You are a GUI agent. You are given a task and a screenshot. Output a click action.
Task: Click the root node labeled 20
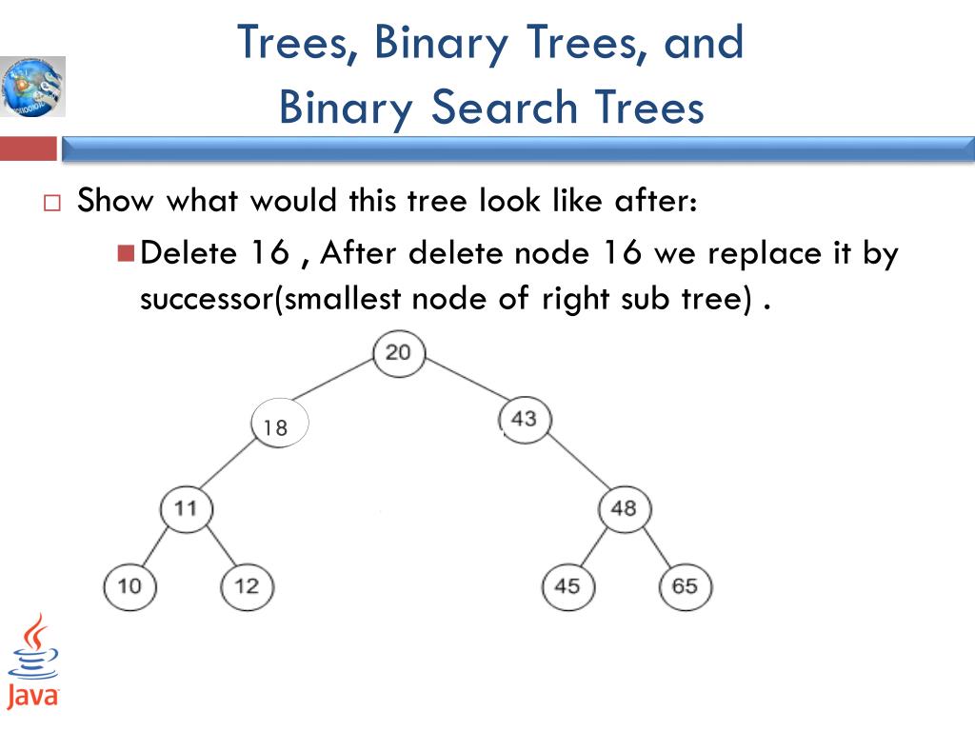[x=398, y=353]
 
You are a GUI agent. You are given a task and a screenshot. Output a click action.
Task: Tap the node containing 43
[x=524, y=418]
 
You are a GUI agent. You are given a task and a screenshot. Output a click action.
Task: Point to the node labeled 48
[x=624, y=509]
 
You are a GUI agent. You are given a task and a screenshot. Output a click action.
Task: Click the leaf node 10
[x=129, y=585]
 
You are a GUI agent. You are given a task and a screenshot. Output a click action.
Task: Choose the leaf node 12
[x=246, y=585]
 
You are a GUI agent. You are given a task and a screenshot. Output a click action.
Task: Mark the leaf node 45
[x=567, y=585]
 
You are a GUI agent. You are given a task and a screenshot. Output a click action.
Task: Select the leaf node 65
[x=685, y=585]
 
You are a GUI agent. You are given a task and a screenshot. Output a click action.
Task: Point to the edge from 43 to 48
[x=575, y=464]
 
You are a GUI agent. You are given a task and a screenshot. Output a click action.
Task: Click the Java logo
[x=33, y=662]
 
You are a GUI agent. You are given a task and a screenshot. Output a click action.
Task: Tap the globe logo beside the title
[x=33, y=87]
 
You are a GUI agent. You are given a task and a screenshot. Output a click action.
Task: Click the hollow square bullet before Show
[x=51, y=204]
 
